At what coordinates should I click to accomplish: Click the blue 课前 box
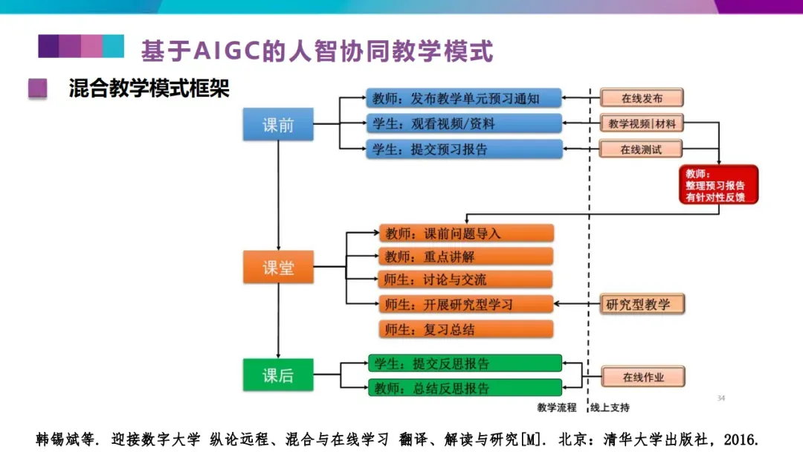tap(278, 125)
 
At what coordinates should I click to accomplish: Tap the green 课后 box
tap(278, 375)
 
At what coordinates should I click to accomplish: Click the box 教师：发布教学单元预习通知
tap(464, 98)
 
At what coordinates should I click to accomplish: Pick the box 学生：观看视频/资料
tap(464, 123)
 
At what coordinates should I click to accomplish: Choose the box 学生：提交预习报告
tap(464, 149)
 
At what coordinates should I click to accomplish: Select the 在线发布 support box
tap(642, 98)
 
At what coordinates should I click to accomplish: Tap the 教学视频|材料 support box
tap(642, 123)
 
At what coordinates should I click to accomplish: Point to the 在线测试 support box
tap(641, 149)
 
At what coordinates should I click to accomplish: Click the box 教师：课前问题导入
tap(466, 233)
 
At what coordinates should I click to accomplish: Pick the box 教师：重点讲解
tap(466, 256)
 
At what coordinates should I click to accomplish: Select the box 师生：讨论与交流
tap(466, 280)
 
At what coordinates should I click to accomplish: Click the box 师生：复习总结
tap(466, 329)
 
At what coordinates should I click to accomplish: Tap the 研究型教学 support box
tap(642, 304)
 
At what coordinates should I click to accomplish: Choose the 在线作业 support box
tap(642, 377)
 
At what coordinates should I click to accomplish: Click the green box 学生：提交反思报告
tap(465, 364)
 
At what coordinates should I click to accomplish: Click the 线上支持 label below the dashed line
tap(610, 407)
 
